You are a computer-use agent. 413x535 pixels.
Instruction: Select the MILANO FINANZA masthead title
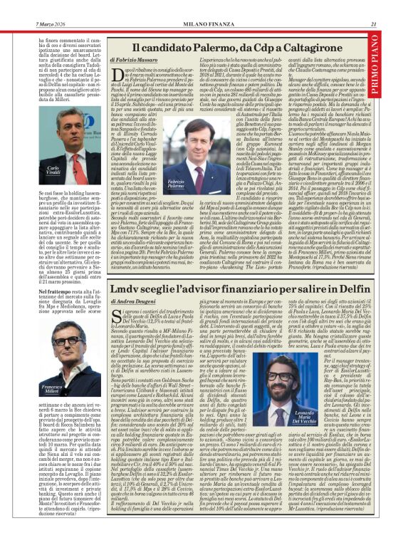pos(206,5)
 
